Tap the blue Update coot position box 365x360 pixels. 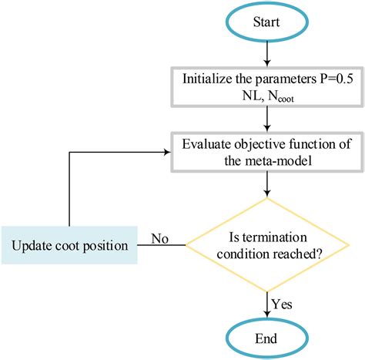click(69, 246)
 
